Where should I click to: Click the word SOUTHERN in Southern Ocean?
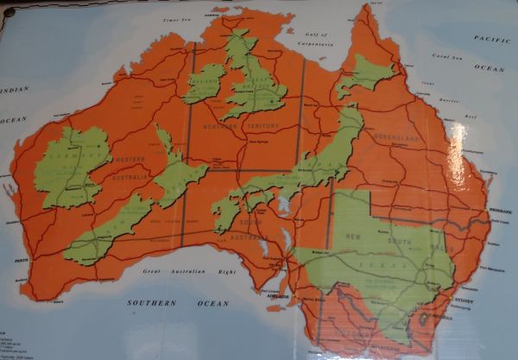click(x=151, y=303)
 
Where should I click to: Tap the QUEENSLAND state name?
click(x=396, y=138)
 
